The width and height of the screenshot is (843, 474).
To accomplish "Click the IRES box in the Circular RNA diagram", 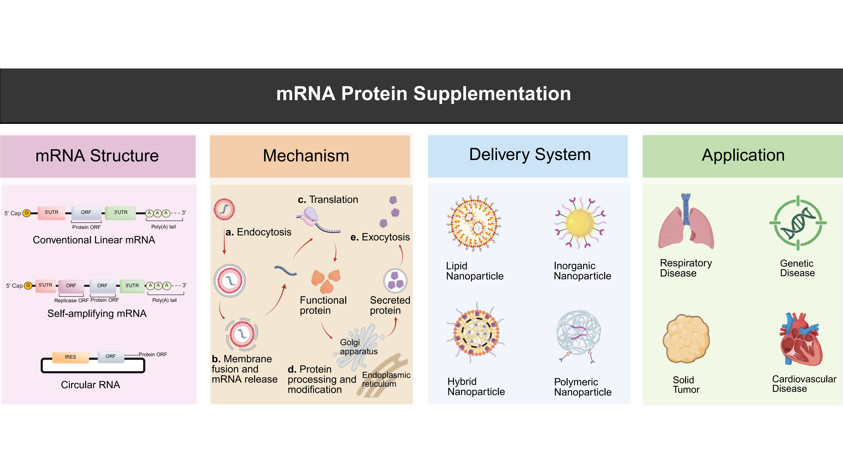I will (x=70, y=357).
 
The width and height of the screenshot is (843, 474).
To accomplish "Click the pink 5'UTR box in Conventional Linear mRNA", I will (x=51, y=213).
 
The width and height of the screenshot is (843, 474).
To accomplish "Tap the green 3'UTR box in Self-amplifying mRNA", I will (x=132, y=286).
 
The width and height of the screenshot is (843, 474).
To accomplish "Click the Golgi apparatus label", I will (x=358, y=347).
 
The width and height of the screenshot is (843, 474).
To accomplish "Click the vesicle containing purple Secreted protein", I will (x=395, y=281).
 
